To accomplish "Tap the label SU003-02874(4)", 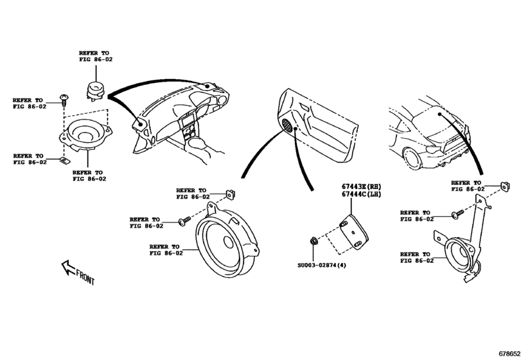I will (321, 264).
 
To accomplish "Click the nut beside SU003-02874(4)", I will (313, 242).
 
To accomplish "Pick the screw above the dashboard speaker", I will (64, 99).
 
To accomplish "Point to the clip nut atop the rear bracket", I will (504, 187).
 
